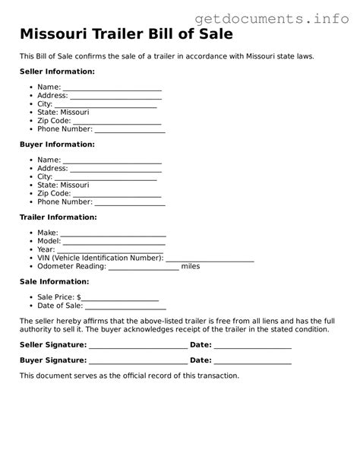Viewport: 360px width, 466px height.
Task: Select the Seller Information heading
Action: tap(57, 71)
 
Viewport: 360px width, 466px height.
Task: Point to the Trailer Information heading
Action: tap(58, 217)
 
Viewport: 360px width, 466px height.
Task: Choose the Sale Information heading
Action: tap(54, 281)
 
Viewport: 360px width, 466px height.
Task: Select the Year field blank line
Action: tap(110, 252)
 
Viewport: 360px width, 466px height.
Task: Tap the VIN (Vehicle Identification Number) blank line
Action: tap(210, 260)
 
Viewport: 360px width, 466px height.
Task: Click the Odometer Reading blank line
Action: tap(144, 268)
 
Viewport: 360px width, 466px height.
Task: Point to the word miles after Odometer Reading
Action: tap(191, 267)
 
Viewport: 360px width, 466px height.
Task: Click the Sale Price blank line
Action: tap(120, 299)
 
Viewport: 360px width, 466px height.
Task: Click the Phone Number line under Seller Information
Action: tap(130, 131)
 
